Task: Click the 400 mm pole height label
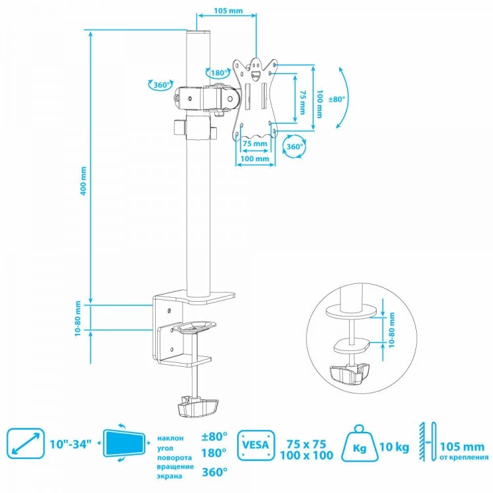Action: pos(83,181)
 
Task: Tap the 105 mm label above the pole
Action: pos(228,11)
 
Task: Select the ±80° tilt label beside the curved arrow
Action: pos(337,99)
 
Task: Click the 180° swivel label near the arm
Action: pos(219,73)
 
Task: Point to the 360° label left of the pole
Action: pos(162,85)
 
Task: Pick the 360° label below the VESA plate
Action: pos(295,147)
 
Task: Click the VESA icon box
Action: pos(256,445)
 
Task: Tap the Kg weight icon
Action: pos(360,443)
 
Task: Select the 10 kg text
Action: pos(394,447)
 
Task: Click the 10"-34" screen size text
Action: pos(70,444)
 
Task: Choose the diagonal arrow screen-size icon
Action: pos(26,443)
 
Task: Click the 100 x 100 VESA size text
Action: pos(306,456)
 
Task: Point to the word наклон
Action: pos(170,438)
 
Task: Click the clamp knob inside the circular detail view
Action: pos(350,373)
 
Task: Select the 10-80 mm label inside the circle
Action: pos(392,330)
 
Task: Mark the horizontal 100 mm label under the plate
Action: pos(254,158)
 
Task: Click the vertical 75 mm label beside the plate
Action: pos(302,103)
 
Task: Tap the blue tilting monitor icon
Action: pos(124,443)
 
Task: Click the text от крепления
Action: pos(464,457)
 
